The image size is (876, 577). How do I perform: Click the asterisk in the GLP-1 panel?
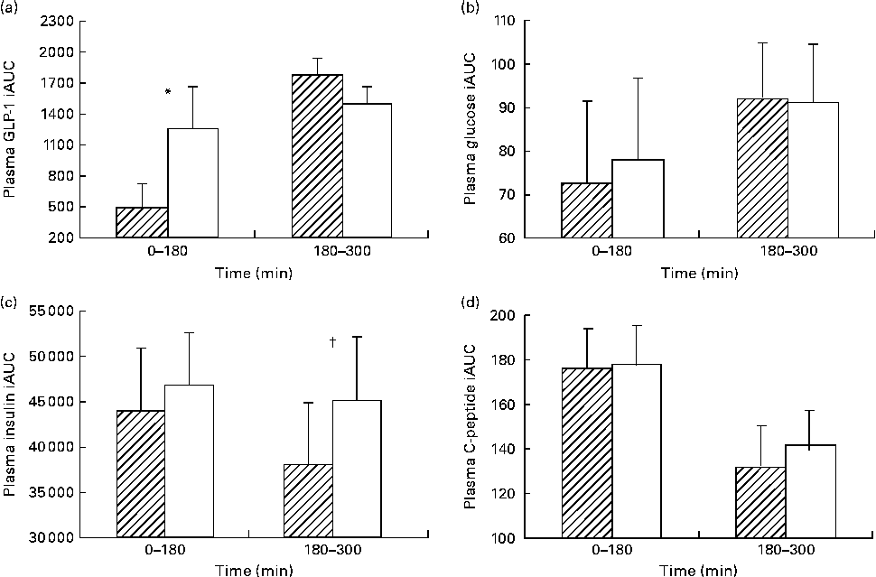point(168,92)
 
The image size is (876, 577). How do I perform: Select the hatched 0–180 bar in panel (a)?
point(142,222)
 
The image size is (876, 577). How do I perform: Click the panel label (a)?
point(11,8)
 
